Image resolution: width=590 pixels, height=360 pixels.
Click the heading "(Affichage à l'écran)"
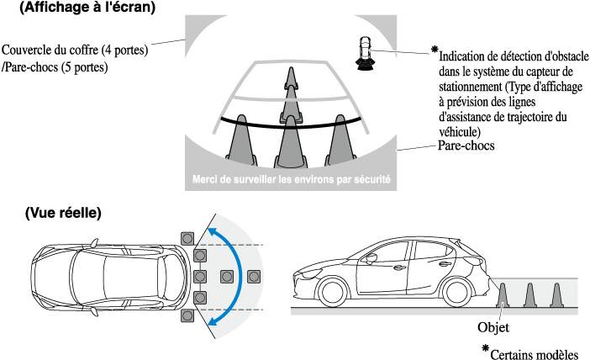point(87,9)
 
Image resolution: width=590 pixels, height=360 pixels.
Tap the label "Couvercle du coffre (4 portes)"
point(76,50)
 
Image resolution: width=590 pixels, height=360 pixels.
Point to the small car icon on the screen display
point(365,50)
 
